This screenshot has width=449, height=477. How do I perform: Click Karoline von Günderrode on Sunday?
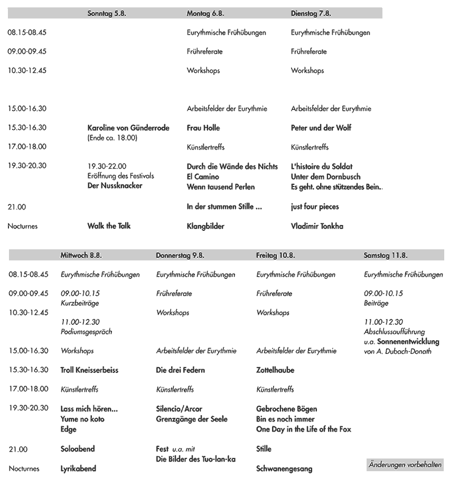click(128, 128)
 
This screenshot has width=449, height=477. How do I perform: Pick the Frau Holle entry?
click(203, 128)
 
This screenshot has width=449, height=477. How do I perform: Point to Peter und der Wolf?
click(321, 128)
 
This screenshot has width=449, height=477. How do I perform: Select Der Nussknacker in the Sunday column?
click(115, 186)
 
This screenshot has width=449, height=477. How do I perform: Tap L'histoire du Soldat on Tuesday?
click(322, 166)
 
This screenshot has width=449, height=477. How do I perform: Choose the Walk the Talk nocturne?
click(109, 226)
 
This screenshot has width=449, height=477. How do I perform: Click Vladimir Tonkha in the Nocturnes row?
click(317, 226)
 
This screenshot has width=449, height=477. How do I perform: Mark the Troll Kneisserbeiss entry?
click(91, 370)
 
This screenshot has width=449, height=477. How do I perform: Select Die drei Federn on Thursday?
click(181, 370)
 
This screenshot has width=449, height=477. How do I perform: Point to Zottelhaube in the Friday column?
click(275, 370)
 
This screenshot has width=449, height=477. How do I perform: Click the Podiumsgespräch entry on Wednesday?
click(87, 332)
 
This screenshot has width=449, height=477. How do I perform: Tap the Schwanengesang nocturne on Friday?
click(284, 469)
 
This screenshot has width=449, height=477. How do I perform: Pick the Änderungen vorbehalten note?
click(405, 465)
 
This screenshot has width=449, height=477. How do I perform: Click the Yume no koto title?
click(82, 419)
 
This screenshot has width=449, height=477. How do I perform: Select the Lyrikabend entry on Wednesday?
click(78, 469)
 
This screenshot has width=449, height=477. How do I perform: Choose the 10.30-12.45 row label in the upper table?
click(27, 71)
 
